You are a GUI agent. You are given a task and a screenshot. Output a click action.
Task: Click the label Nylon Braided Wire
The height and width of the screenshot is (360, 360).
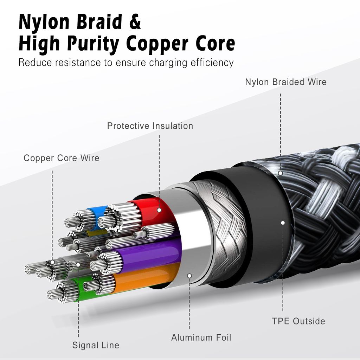285,82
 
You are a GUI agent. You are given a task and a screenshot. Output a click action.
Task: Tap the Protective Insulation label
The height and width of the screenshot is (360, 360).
150,126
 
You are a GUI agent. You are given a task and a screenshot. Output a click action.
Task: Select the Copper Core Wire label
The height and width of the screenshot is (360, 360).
62,158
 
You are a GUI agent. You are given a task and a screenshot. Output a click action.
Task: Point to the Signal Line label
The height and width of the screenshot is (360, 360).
96,345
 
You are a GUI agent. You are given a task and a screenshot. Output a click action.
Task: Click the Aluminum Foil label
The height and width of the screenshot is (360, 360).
201,338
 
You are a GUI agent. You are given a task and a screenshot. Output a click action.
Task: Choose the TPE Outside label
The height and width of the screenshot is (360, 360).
298,321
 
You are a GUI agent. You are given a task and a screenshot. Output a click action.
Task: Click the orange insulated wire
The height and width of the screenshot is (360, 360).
148,278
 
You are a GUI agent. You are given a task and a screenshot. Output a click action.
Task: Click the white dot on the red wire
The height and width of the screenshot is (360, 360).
159,210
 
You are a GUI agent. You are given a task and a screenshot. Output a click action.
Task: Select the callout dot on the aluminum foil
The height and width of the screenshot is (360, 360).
189,276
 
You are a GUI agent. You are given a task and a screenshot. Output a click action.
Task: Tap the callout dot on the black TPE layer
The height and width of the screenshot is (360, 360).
283,223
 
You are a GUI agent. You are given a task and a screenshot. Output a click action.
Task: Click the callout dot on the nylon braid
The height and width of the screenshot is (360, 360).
280,173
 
